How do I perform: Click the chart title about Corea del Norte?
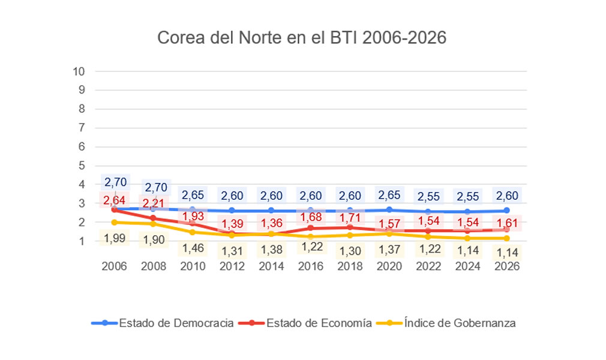click(x=302, y=37)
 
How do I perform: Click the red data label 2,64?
click(x=114, y=200)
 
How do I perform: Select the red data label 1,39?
click(x=232, y=224)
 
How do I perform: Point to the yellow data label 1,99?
click(x=114, y=238)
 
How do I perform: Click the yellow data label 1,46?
click(x=193, y=247)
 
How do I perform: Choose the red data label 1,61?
click(x=506, y=223)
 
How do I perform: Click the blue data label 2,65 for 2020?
click(x=388, y=195)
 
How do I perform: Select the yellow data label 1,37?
click(x=388, y=249)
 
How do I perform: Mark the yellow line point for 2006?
click(x=114, y=222)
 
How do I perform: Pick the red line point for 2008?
click(x=153, y=218)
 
